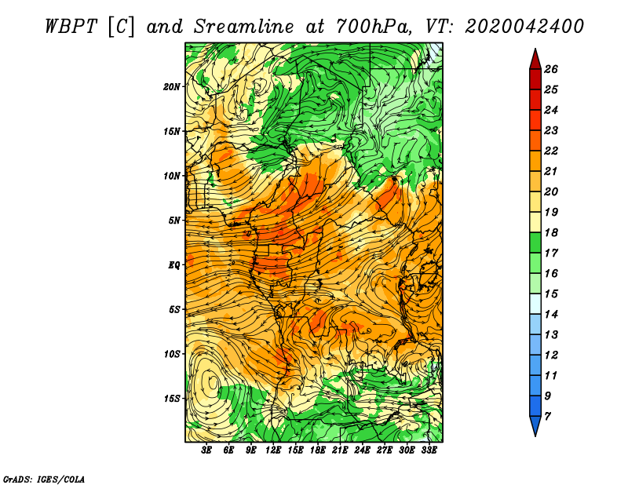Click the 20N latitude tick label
172,87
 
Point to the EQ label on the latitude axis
174,265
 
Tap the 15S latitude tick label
172,399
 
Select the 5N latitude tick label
174,221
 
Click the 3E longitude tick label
206,450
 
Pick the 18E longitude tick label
317,450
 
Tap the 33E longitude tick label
429,450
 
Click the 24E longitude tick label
362,450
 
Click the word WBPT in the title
71,27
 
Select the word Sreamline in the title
244,27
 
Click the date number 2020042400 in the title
524,27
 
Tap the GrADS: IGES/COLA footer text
44,479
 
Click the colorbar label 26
551,69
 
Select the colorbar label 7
547,417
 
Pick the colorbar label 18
551,232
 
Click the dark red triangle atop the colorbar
535,60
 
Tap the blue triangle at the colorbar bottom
535,425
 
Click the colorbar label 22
551,151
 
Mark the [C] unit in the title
121,27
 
